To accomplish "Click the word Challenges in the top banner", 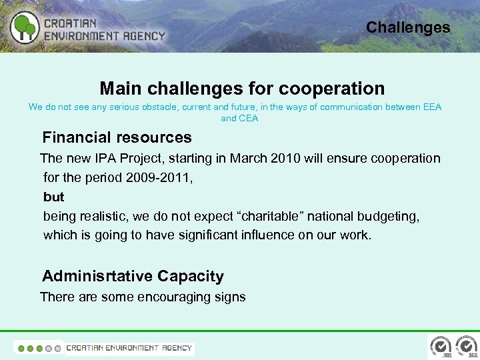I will (x=408, y=27).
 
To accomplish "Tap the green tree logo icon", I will (x=25, y=27).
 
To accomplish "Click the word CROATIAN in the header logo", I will (x=71, y=22).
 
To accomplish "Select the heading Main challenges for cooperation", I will (x=242, y=88).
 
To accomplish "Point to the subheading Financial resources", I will (x=117, y=138).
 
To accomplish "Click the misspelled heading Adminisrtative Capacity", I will (x=133, y=276).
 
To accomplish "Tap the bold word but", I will (x=53, y=197).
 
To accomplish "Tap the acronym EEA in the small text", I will (x=431, y=107).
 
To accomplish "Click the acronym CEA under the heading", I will (x=249, y=118).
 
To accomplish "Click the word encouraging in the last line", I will (x=163, y=297).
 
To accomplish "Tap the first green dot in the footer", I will (x=21, y=348).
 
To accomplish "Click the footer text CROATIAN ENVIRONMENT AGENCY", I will (x=129, y=347).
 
